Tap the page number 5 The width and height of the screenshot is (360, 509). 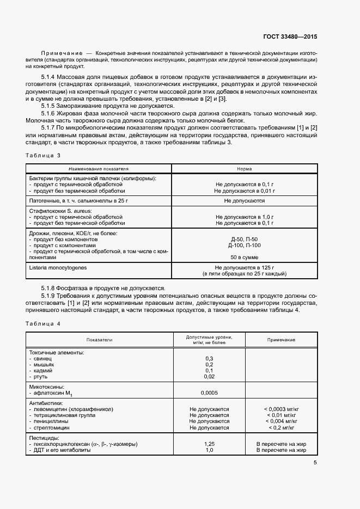[315, 463]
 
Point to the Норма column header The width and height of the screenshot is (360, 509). [245, 169]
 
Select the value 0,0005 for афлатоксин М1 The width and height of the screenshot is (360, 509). [209, 392]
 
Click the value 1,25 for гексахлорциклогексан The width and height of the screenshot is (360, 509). [209, 444]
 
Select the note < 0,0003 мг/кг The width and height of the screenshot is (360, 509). [281, 408]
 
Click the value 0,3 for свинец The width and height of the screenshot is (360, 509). [209, 358]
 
